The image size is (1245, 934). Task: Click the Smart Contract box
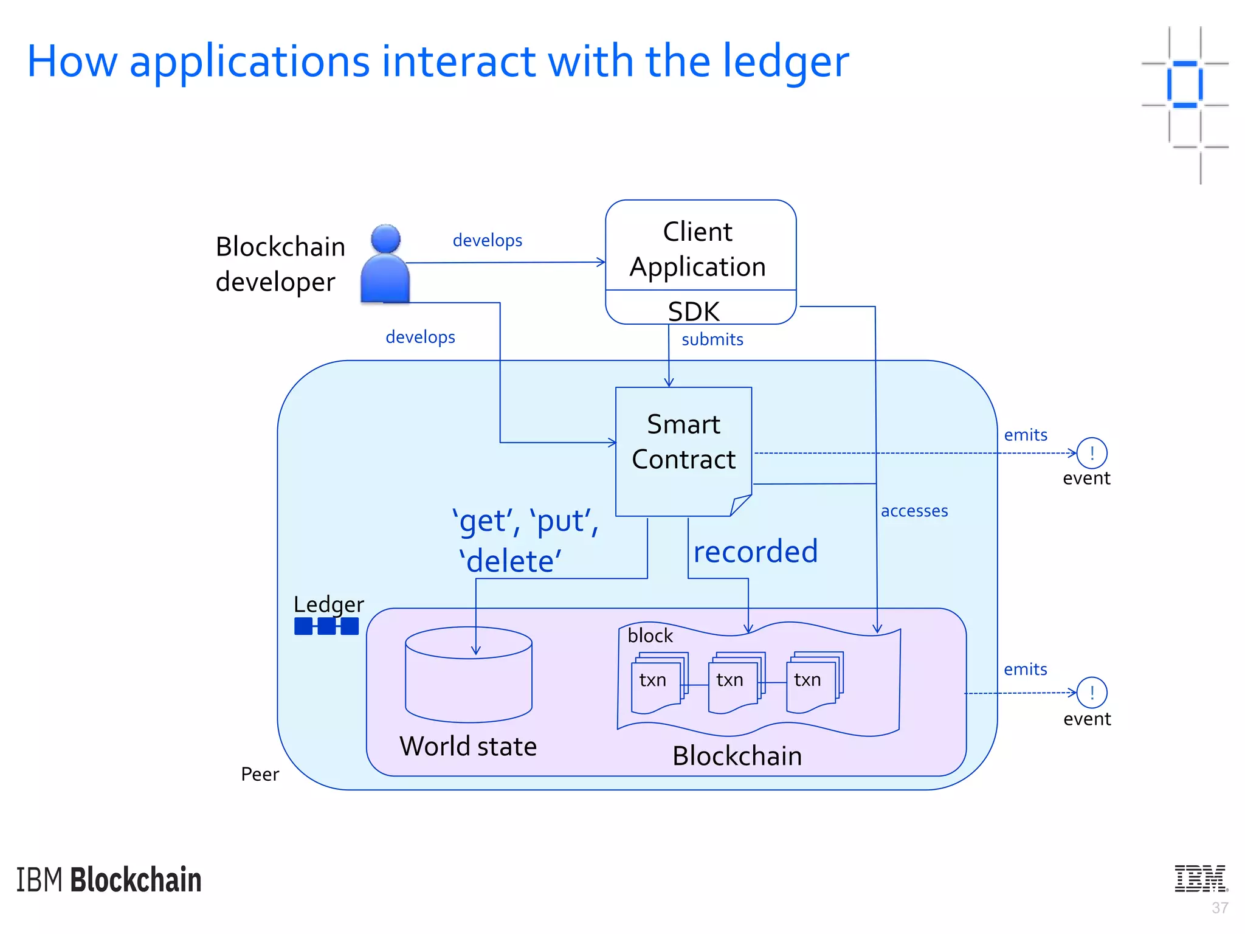click(683, 450)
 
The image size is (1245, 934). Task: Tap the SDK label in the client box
click(694, 311)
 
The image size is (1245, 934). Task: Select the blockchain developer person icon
click(385, 265)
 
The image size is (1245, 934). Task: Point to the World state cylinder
click(469, 675)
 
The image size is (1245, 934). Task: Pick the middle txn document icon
click(733, 682)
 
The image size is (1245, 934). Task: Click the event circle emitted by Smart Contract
click(1092, 453)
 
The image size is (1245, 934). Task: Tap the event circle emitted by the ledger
click(1092, 693)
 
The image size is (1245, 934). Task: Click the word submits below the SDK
click(712, 339)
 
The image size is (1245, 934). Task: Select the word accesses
click(914, 511)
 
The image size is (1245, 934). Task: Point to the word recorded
click(756, 552)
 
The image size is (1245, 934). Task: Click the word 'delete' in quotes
click(511, 561)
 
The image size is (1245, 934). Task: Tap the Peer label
click(260, 774)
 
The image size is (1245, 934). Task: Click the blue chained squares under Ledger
click(326, 626)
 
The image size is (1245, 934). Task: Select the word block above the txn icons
click(650, 636)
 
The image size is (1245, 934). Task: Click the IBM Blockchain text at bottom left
click(109, 880)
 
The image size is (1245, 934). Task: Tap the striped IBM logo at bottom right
click(1201, 878)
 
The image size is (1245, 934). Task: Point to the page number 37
click(1219, 908)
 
